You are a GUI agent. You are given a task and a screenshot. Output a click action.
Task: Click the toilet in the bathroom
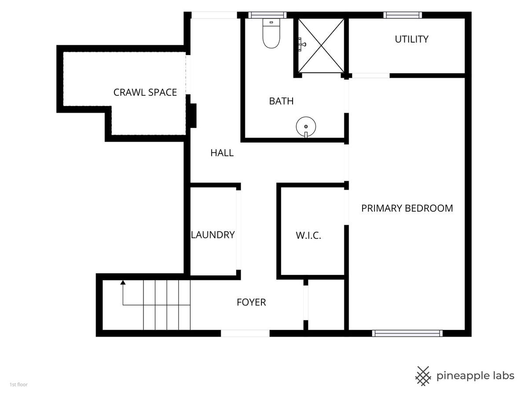pos(271,33)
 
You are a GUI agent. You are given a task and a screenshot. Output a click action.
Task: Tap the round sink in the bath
pos(306,127)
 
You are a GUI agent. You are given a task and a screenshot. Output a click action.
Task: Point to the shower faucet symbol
pos(302,44)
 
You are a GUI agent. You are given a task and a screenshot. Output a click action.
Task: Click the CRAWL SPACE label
pos(145,92)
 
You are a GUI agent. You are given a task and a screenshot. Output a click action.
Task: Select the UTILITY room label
pos(411,39)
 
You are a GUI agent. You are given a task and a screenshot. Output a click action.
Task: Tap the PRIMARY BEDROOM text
pos(407,208)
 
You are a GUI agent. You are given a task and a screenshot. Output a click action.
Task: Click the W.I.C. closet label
pos(308,235)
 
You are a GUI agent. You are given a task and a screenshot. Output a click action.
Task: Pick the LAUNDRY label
pos(213,235)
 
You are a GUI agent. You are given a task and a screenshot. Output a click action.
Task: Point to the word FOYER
pos(251,302)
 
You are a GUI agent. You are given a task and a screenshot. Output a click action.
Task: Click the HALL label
pos(222,153)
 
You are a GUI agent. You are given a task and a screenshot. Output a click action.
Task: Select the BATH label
pos(281,101)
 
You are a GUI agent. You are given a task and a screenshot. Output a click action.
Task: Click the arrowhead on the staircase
pos(123,282)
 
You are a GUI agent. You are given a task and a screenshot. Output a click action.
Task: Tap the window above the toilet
pos(267,15)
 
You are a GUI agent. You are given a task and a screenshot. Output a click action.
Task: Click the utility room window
pos(403,15)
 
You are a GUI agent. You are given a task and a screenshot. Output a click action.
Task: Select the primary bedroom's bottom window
pos(407,333)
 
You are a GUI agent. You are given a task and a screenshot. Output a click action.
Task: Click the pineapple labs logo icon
pos(423,376)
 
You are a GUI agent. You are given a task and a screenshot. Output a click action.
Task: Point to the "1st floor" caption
pos(18,385)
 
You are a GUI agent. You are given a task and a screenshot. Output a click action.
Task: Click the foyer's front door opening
pos(245,333)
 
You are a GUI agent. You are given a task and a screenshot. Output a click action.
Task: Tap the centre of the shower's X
pos(321,45)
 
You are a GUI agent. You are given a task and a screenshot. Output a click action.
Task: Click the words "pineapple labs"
pos(475,376)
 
